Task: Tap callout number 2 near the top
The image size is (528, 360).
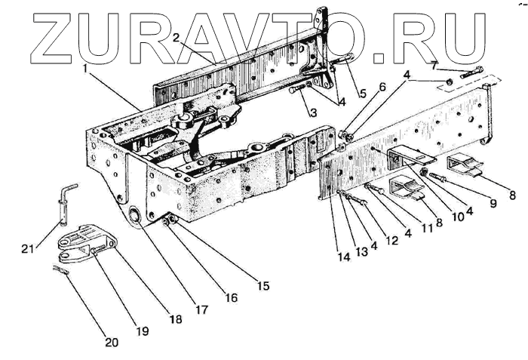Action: click(176, 37)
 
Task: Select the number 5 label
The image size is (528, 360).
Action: click(363, 94)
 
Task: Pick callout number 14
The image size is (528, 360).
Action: click(344, 257)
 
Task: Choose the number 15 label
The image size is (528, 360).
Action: click(264, 286)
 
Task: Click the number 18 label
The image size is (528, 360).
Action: click(176, 319)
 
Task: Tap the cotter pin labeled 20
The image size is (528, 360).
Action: click(61, 270)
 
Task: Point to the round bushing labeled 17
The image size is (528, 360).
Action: click(135, 217)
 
